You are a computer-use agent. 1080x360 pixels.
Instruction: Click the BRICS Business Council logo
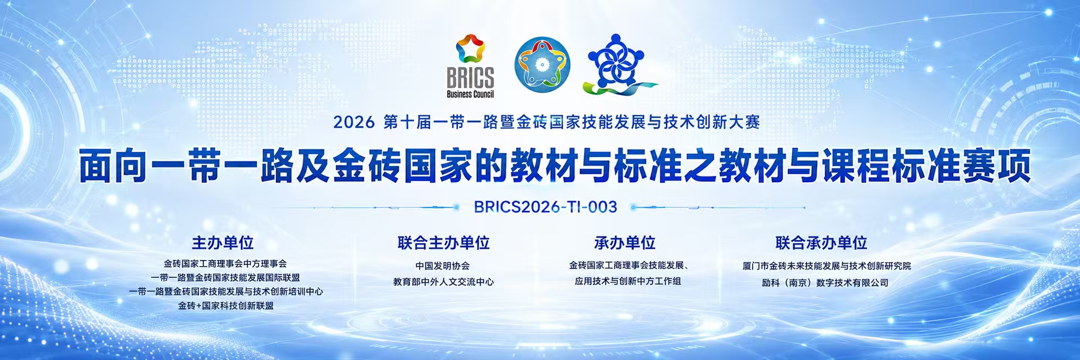(470, 66)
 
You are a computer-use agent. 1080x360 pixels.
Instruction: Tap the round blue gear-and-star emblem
(542, 65)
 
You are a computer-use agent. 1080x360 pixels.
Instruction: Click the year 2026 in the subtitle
(354, 122)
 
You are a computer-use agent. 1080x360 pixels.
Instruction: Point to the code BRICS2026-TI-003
(546, 207)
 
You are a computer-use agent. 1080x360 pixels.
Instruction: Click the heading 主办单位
(223, 243)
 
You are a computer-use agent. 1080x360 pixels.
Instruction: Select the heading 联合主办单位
(443, 243)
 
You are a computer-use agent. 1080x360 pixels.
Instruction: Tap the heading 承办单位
(625, 243)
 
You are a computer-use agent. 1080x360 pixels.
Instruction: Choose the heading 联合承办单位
(821, 243)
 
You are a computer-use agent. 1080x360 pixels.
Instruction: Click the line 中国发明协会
(443, 266)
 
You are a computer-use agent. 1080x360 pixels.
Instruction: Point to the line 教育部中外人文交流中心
(443, 282)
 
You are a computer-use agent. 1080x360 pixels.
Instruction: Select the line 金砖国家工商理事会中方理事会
(225, 264)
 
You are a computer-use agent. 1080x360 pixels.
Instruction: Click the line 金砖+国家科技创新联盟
(226, 306)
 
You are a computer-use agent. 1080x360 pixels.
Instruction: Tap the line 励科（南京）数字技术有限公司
(825, 283)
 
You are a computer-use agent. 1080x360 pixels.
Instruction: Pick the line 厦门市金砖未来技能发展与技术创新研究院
(826, 266)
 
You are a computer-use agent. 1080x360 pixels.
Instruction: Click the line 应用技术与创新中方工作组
(628, 281)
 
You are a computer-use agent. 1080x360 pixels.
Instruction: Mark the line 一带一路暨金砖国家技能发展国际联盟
(225, 278)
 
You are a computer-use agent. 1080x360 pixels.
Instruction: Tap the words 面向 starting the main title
(112, 166)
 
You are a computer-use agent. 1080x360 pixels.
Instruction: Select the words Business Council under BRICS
(470, 94)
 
